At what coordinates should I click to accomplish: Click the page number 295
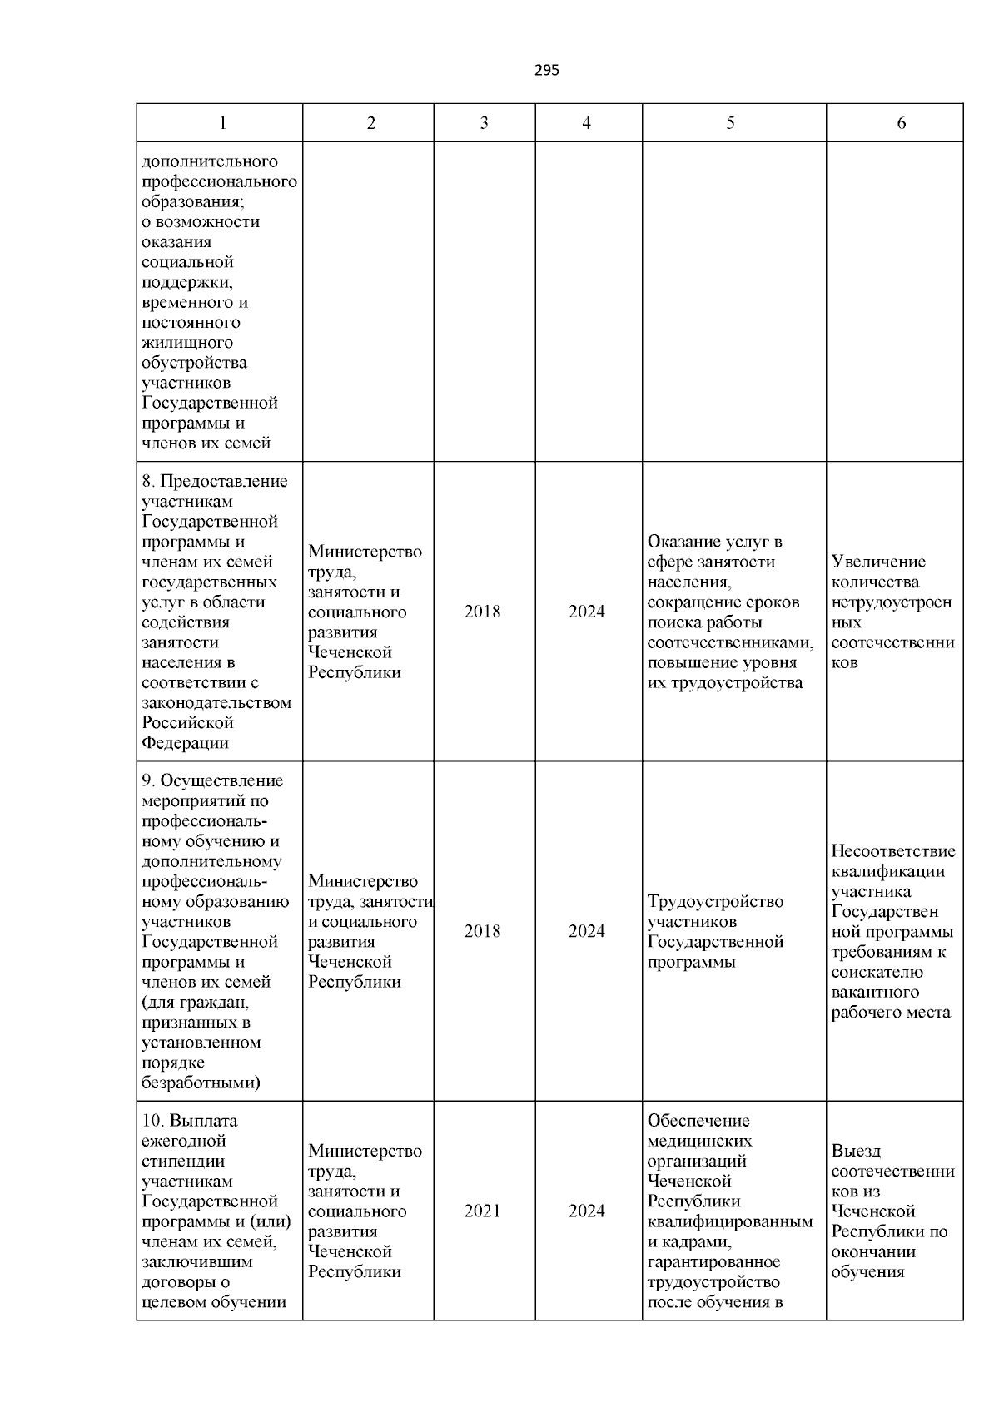pos(546,71)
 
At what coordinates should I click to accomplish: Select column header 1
pos(222,123)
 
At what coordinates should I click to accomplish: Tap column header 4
pos(587,123)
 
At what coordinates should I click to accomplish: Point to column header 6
pos(902,123)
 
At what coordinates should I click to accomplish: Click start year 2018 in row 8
pos(483,612)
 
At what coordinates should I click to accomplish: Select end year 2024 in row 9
pos(587,931)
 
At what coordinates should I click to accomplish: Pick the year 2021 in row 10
pos(483,1211)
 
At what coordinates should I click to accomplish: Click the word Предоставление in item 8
pos(223,482)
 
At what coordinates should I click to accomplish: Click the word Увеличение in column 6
pos(878,562)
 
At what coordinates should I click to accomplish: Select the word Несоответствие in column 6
pos(893,851)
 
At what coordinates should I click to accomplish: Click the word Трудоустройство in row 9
pos(715,902)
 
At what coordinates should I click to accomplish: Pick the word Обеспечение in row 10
pos(698,1121)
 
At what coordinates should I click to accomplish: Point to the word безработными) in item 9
pos(201,1083)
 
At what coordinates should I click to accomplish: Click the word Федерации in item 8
pos(185,743)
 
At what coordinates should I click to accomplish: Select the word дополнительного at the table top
pos(210,161)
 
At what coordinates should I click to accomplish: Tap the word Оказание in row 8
pos(682,543)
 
